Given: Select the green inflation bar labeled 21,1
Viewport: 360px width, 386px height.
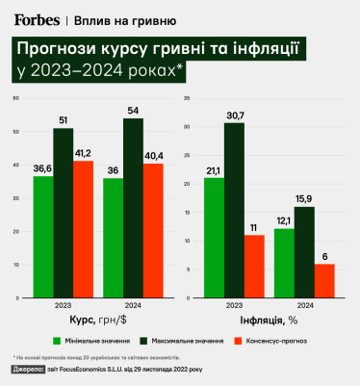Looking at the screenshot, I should tap(214, 221).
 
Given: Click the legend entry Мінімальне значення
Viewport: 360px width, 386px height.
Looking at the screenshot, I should tap(91, 340).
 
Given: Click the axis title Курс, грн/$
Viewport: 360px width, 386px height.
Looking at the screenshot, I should tap(93, 318).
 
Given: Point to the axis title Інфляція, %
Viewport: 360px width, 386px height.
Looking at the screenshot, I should tap(267, 318).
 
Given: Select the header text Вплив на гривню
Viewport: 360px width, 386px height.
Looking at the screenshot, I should tap(112, 19).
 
